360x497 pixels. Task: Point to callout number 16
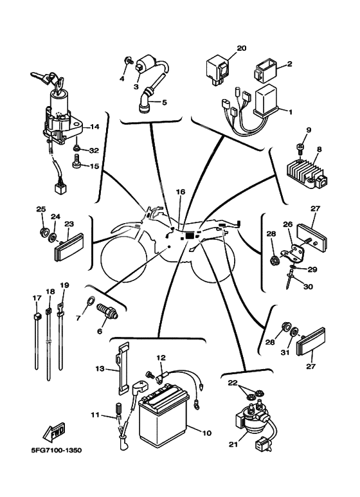[x=180, y=192]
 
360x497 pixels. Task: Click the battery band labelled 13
[x=123, y=368]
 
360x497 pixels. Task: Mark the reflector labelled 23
[x=69, y=247]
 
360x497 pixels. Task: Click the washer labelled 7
[x=90, y=299]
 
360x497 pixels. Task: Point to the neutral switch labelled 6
[x=108, y=311]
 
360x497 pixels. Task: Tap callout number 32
[x=94, y=150]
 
